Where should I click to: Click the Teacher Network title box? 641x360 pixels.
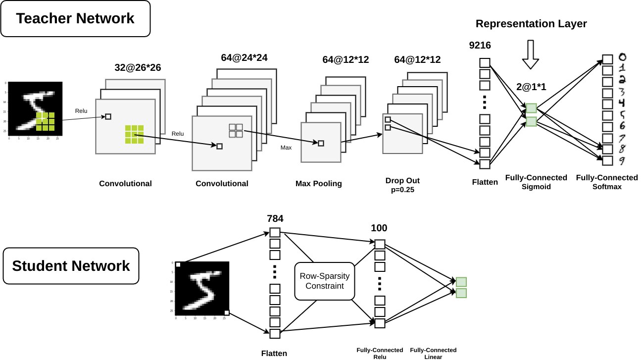pyautogui.click(x=75, y=19)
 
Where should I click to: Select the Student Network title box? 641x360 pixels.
pyautogui.click(x=71, y=266)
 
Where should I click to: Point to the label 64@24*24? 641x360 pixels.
pyautogui.click(x=244, y=58)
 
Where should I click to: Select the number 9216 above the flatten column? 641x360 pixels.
pyautogui.click(x=480, y=46)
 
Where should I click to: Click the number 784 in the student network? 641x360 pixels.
pyautogui.click(x=275, y=218)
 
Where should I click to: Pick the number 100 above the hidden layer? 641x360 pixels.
pyautogui.click(x=379, y=228)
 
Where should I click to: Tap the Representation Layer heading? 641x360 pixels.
pyautogui.click(x=531, y=23)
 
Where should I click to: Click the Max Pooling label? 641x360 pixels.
pyautogui.click(x=318, y=184)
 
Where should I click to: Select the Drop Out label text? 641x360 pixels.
pyautogui.click(x=406, y=180)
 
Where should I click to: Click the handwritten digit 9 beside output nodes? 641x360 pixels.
pyautogui.click(x=623, y=161)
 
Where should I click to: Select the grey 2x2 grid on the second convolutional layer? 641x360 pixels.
pyautogui.click(x=236, y=131)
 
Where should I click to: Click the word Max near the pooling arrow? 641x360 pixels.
pyautogui.click(x=286, y=148)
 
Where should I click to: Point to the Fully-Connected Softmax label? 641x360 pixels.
pyautogui.click(x=607, y=182)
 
